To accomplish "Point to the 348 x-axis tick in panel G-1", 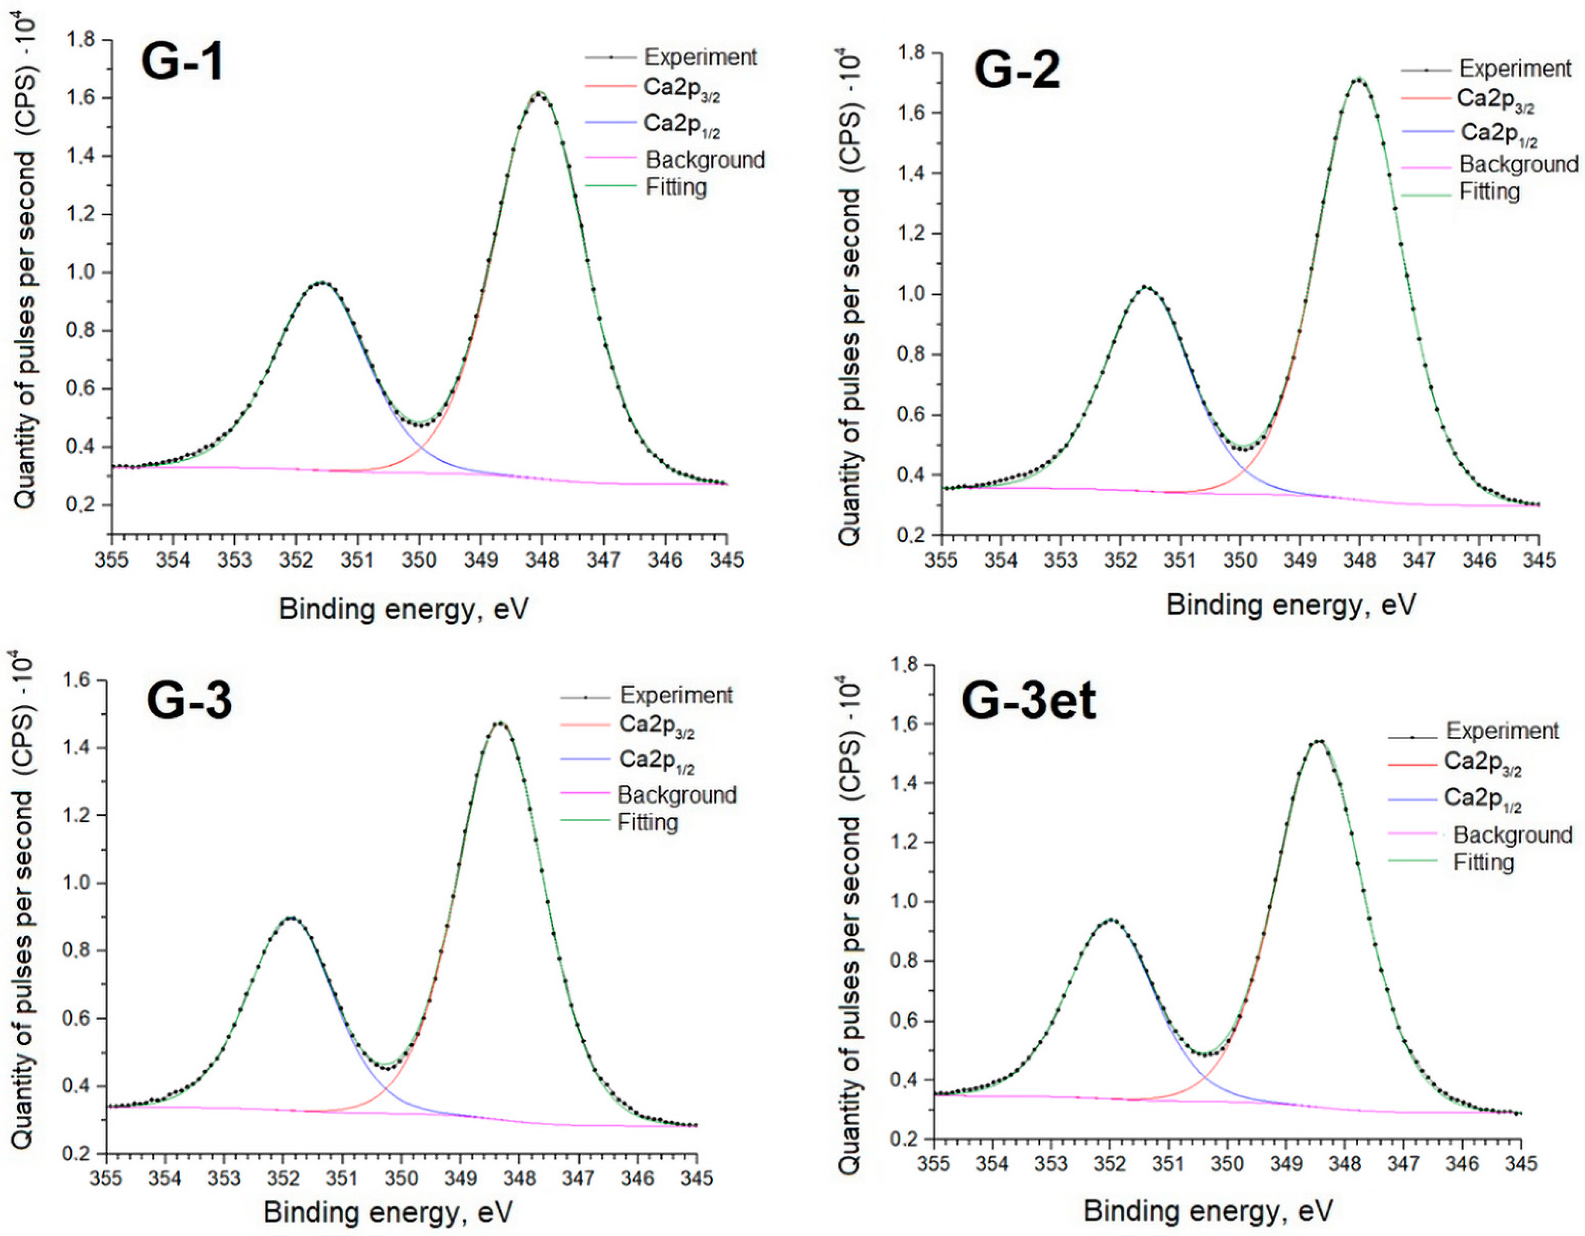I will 542,560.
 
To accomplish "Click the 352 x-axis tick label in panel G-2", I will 1120,560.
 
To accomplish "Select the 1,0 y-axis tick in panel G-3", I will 78,883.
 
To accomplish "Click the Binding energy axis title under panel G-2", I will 1291,605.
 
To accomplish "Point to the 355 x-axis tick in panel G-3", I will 107,1177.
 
